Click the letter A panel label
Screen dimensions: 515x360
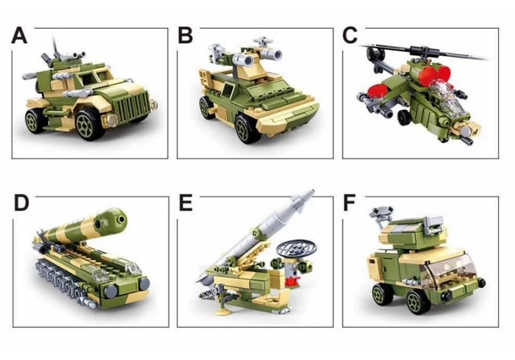(19, 35)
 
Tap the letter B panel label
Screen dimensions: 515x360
(185, 35)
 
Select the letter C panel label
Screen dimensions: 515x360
(350, 35)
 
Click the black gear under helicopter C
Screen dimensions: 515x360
(405, 117)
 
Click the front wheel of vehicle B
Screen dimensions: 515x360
(245, 129)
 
